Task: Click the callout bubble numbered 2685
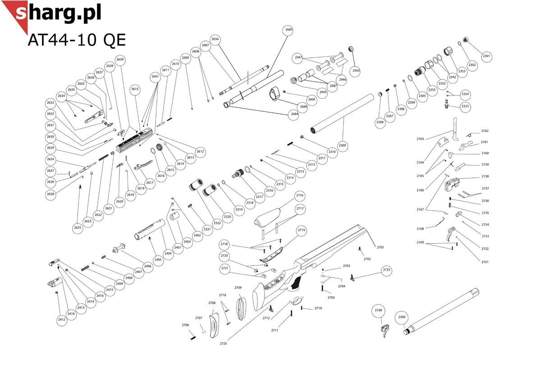[289, 29]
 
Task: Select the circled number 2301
[486, 56]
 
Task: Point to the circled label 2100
[378, 310]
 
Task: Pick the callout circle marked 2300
[402, 317]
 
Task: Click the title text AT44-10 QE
[77, 40]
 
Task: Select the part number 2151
[485, 262]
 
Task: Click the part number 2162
[485, 131]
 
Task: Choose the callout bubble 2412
[61, 320]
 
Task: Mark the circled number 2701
[380, 248]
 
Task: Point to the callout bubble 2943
[356, 71]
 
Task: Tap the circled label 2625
[78, 228]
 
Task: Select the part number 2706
[185, 325]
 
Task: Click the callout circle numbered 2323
[465, 106]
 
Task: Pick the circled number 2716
[300, 195]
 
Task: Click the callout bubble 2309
[343, 145]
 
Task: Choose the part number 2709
[238, 287]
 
